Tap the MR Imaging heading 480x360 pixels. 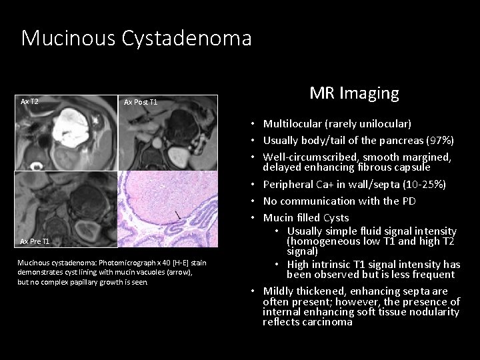[354, 93]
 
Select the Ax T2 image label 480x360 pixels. [30, 102]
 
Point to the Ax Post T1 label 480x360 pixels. [141, 102]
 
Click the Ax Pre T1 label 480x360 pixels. [35, 241]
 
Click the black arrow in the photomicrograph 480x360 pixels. [177, 215]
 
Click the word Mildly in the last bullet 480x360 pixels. [280, 291]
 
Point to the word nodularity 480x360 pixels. [433, 312]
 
